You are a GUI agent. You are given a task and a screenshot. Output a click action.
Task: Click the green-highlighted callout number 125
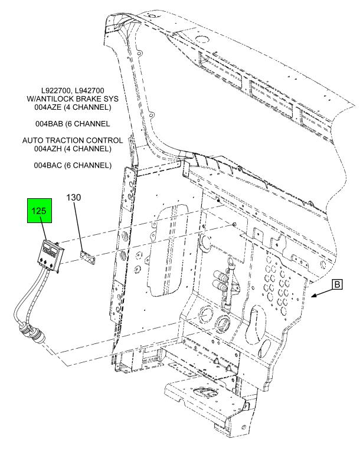(x=39, y=211)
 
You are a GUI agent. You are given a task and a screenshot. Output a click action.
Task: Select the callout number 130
(x=74, y=197)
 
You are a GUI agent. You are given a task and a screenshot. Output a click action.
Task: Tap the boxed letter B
(x=338, y=284)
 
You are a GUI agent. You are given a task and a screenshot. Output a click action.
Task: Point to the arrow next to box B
(x=322, y=292)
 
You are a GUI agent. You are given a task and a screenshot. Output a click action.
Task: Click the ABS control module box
(x=51, y=255)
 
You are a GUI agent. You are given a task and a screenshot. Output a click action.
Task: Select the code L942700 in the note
(x=89, y=91)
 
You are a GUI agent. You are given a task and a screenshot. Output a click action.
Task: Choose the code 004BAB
(x=48, y=124)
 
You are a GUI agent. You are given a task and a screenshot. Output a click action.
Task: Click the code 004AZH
(x=48, y=149)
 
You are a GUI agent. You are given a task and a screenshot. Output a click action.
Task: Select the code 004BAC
(x=47, y=165)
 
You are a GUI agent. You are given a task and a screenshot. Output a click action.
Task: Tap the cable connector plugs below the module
(x=31, y=333)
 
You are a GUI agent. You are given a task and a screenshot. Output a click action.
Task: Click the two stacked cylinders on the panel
(x=221, y=281)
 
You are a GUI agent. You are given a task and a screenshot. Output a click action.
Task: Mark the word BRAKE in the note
(x=89, y=99)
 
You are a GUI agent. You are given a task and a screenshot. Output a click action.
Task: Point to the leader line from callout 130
(x=78, y=226)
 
